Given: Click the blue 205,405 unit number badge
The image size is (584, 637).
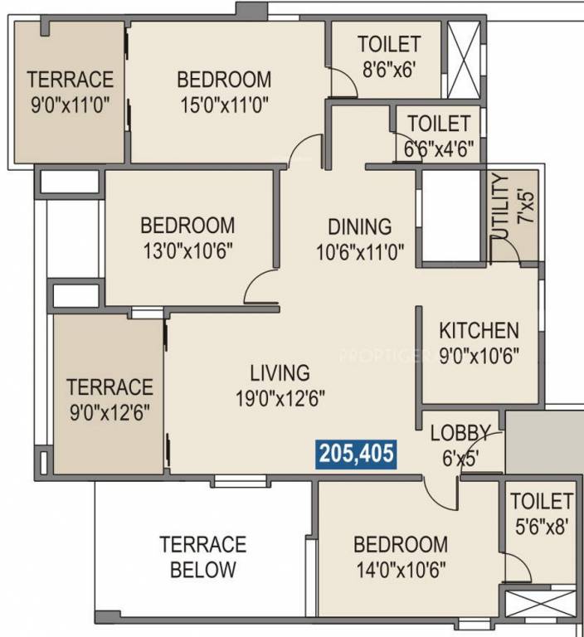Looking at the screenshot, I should point(356,454).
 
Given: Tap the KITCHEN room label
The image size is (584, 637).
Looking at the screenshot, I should point(479,330).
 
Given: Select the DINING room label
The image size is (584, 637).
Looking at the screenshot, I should point(359,226).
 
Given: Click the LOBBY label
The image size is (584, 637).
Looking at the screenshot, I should point(460,432).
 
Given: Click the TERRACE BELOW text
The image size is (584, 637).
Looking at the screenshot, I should point(203,557).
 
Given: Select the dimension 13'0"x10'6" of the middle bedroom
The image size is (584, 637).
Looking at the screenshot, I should point(187,250).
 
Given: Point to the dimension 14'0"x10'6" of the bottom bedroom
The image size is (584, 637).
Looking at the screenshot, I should point(401,570).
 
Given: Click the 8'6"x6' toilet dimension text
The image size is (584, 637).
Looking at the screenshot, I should point(389,70).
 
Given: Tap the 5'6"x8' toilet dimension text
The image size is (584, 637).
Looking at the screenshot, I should point(541,525).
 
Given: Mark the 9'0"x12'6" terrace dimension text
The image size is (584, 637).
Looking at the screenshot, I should point(109,412).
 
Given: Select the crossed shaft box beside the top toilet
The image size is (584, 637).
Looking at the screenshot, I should point(464,49).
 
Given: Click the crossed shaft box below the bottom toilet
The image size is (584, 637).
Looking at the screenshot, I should point(540,605).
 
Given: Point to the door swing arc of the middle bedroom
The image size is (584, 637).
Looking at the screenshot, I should point(260,286).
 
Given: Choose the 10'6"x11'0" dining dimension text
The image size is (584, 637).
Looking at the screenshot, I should point(359,251).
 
